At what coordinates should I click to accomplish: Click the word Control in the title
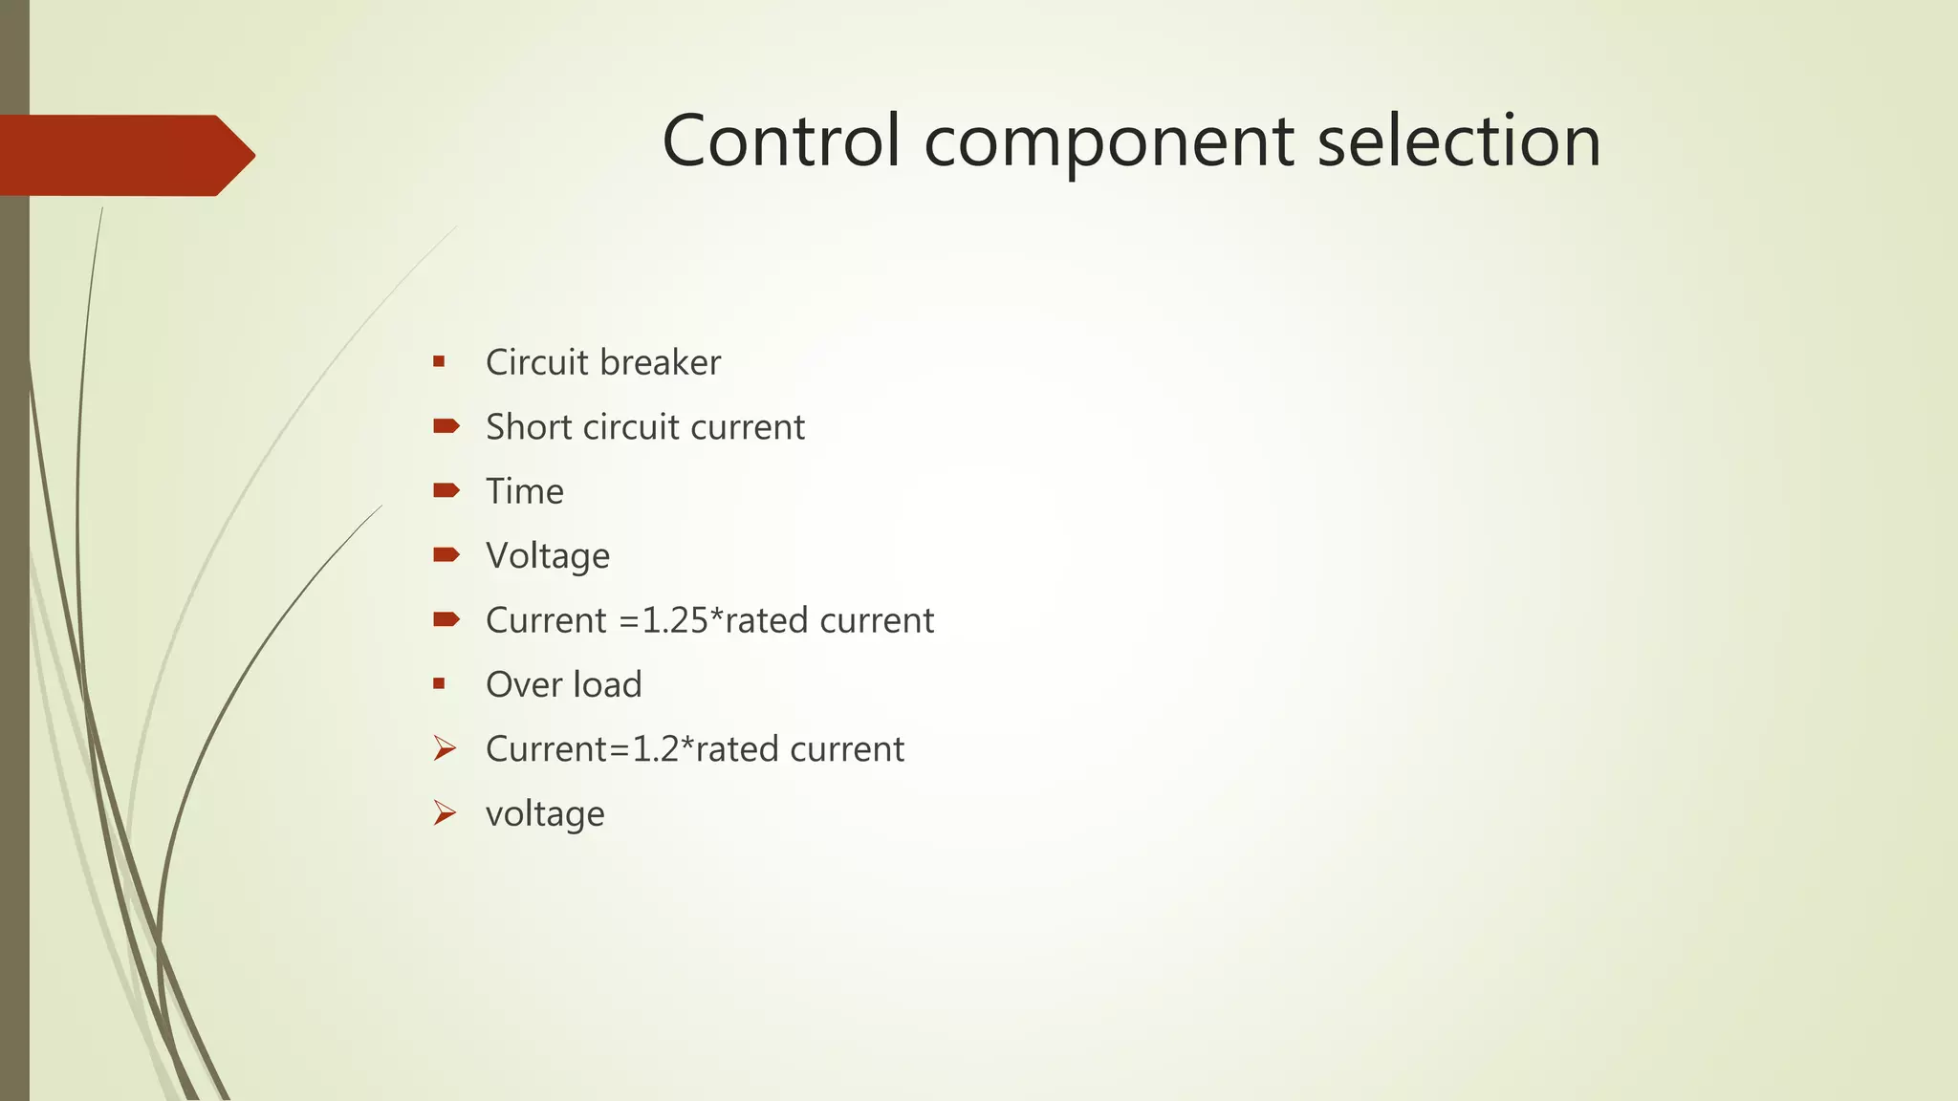click(780, 140)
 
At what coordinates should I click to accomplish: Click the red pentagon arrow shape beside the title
click(124, 156)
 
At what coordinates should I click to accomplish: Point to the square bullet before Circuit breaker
click(439, 361)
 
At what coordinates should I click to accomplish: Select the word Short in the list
click(528, 427)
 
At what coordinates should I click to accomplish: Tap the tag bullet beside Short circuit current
click(446, 426)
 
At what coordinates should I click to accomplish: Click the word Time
click(525, 491)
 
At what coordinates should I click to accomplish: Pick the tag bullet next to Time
click(446, 490)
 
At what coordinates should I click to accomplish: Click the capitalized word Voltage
click(548, 556)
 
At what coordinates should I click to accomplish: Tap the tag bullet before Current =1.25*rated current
click(446, 619)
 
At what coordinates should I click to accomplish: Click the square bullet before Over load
click(439, 683)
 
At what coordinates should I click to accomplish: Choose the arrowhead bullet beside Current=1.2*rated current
click(445, 748)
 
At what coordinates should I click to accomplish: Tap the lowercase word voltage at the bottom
click(545, 814)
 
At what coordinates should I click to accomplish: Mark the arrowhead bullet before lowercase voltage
click(445, 812)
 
